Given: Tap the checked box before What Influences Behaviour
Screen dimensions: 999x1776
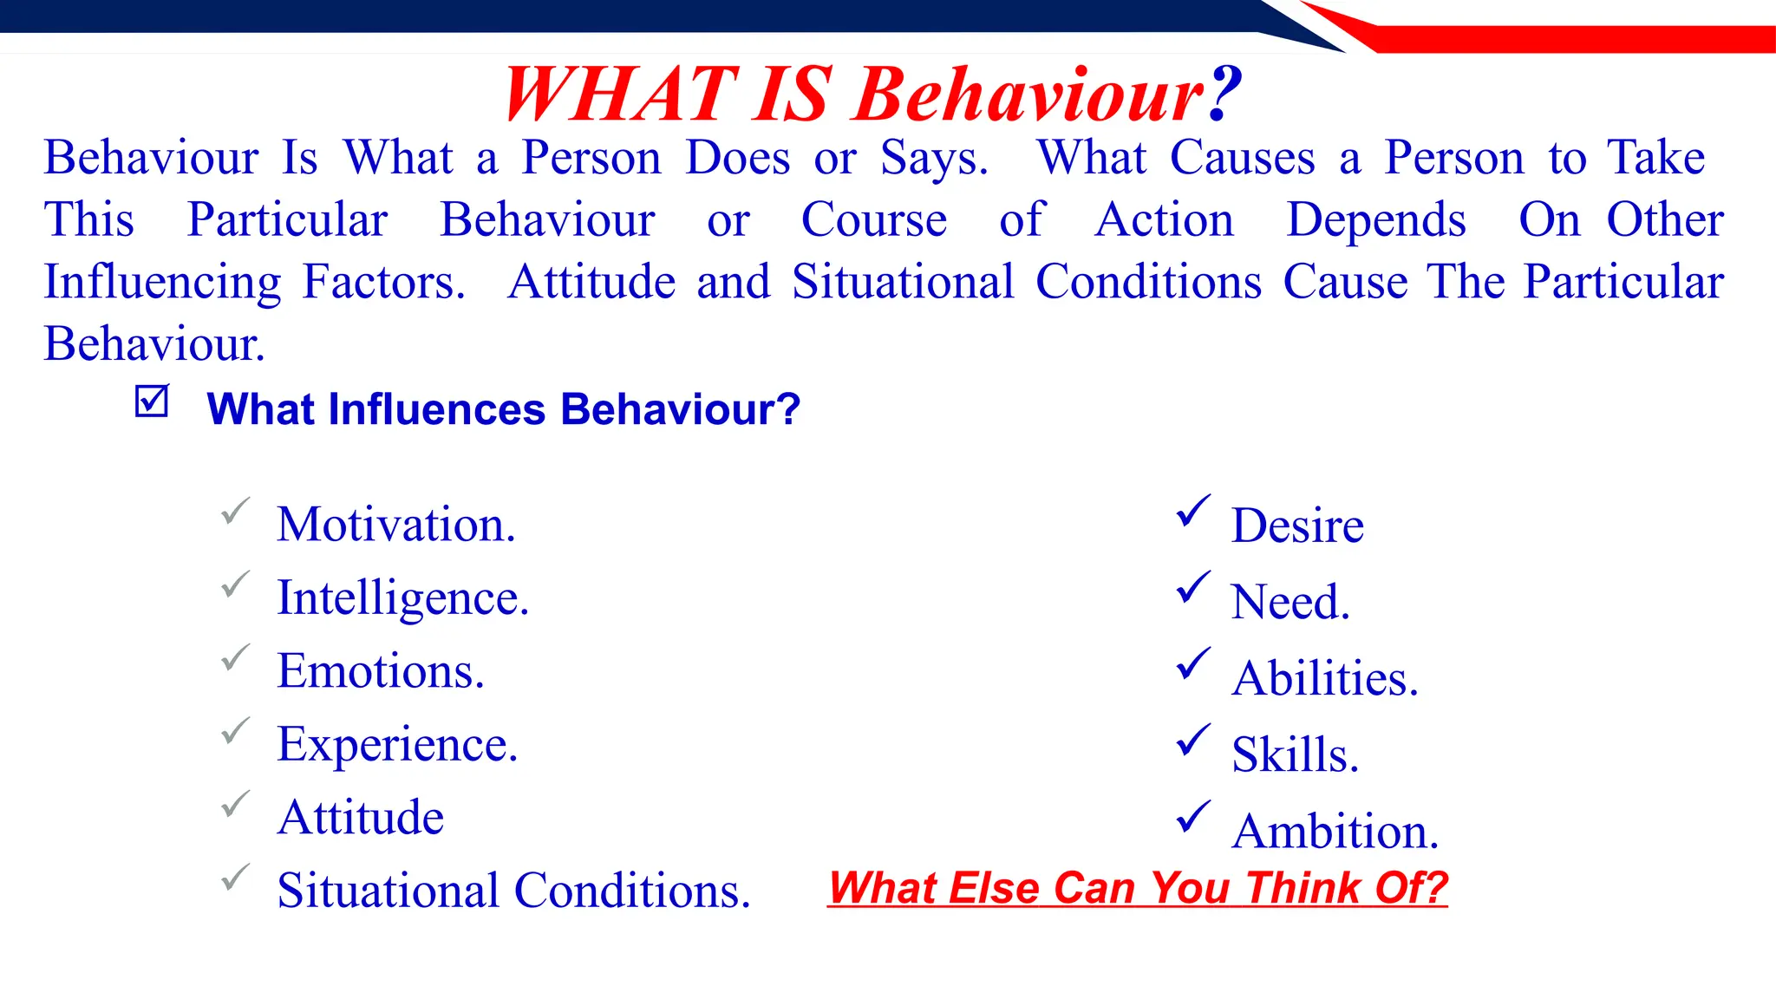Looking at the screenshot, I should point(152,402).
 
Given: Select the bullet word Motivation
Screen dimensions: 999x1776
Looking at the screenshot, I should point(395,525).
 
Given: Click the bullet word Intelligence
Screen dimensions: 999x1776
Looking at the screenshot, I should point(402,598).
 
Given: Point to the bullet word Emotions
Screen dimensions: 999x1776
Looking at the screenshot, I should point(380,671).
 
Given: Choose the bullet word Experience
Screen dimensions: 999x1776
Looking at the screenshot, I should point(397,745).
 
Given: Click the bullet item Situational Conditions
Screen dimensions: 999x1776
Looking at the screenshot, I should point(513,891).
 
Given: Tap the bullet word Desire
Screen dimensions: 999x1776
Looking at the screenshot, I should point(1297,526).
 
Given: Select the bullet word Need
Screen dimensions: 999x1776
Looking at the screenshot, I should point(1290,602).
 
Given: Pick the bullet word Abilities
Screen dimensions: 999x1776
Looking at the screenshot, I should point(1324,678).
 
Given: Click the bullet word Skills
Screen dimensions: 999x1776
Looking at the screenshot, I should point(1294,754).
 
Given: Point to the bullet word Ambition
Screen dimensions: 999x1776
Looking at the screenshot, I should point(1335,831).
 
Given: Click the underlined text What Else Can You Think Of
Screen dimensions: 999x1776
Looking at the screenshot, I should point(1138,888).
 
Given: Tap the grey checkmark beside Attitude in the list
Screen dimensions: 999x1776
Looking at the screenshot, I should point(235,804).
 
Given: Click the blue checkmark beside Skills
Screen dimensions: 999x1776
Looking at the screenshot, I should point(1193,740).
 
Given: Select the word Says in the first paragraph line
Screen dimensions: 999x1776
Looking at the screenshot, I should point(933,159).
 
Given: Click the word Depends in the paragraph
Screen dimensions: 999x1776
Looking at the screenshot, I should point(1376,220).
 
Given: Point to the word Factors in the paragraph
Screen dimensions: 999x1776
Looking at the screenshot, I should point(383,282).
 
